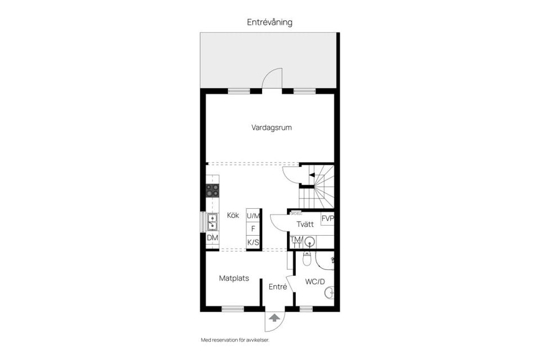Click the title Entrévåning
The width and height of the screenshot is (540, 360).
269,22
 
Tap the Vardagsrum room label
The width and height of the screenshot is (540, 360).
271,128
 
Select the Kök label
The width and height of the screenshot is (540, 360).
233,215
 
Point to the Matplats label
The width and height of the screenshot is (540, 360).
234,278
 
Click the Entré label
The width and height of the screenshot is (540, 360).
278,287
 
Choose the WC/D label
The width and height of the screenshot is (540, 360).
315,281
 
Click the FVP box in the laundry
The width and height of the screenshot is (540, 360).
327,219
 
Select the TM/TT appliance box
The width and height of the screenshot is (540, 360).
296,241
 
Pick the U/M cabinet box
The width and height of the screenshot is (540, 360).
253,215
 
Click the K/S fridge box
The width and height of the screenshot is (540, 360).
253,242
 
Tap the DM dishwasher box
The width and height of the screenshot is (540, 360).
212,238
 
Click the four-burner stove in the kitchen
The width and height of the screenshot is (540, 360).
212,190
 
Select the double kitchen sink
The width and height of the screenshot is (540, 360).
212,223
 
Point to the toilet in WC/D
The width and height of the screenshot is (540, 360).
307,259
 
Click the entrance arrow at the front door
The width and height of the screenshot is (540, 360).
274,318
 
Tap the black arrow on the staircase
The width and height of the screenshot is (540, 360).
311,175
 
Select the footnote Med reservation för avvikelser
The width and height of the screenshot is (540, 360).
239,340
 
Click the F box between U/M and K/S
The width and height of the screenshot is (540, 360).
253,229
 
